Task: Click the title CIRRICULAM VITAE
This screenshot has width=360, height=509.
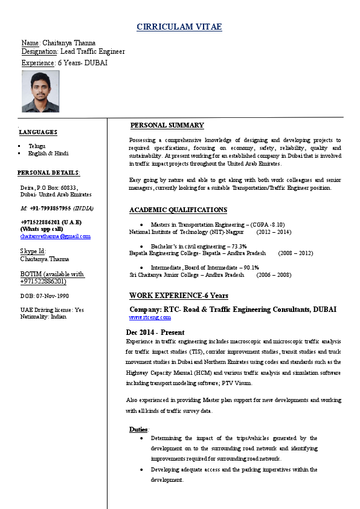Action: click(x=179, y=27)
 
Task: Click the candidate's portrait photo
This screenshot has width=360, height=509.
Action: click(x=40, y=91)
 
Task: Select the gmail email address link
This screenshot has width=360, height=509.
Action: click(x=56, y=236)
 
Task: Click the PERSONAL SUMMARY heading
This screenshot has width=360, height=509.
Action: click(x=167, y=125)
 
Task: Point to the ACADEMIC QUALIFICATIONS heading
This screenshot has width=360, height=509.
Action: click(x=178, y=210)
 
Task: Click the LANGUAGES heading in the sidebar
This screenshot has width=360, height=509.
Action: click(x=38, y=132)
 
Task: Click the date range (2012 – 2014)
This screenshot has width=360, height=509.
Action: click(x=274, y=232)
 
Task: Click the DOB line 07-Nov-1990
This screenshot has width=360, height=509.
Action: click(x=45, y=296)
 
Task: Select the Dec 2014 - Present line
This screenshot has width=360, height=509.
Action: click(x=155, y=332)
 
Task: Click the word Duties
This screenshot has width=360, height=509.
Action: click(x=139, y=429)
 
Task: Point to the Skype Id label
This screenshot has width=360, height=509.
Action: click(x=33, y=251)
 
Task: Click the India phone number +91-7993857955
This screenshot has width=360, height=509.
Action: click(x=57, y=208)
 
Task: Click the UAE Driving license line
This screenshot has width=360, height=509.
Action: click(x=52, y=310)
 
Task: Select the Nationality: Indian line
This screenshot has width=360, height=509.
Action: click(x=43, y=316)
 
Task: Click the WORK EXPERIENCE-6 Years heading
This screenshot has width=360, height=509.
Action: click(x=179, y=296)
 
